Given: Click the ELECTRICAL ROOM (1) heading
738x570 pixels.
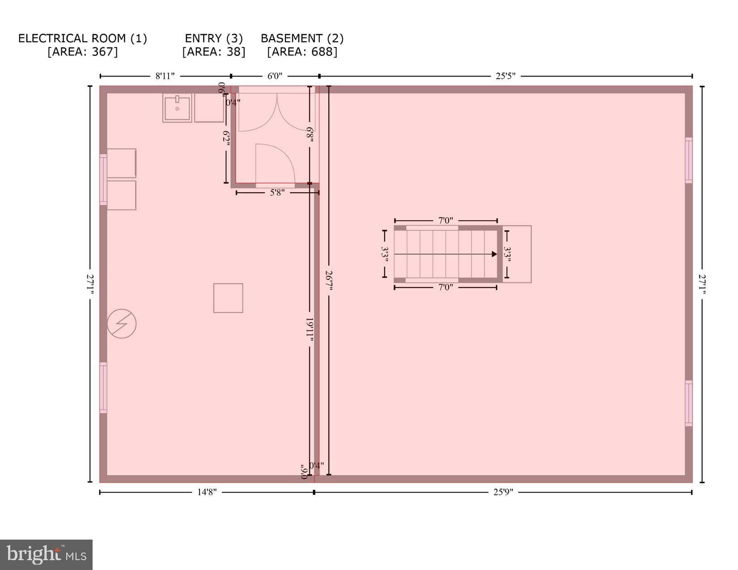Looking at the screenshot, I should click(82, 38).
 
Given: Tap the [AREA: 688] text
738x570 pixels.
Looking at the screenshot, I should click(302, 52).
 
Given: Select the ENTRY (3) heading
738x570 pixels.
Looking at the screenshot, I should click(214, 38).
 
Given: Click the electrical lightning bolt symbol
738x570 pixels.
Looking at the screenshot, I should click(122, 324).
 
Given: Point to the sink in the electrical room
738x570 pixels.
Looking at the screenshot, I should click(177, 108).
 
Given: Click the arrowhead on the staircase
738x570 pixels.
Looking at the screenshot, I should click(494, 254).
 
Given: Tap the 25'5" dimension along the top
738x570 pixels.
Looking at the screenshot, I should click(505, 76).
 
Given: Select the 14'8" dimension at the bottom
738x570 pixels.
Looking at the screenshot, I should click(207, 492).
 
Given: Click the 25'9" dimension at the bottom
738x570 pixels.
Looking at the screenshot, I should click(503, 492).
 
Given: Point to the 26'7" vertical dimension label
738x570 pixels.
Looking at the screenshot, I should click(329, 281).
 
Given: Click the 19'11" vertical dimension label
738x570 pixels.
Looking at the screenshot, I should click(309, 330).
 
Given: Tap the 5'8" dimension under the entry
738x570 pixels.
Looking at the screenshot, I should click(277, 193).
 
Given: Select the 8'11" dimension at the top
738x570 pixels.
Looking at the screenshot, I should click(165, 76).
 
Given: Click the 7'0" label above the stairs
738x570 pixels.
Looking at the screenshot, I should click(445, 220).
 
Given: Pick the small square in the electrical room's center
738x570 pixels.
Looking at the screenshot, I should click(228, 298).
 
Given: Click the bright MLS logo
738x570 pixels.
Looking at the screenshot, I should click(47, 555).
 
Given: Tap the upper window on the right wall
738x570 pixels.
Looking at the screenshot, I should click(689, 160).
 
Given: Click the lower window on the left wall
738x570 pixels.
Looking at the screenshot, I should click(103, 388).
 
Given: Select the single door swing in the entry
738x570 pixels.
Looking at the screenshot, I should click(273, 163).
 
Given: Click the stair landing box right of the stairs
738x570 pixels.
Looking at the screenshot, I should click(518, 254).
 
